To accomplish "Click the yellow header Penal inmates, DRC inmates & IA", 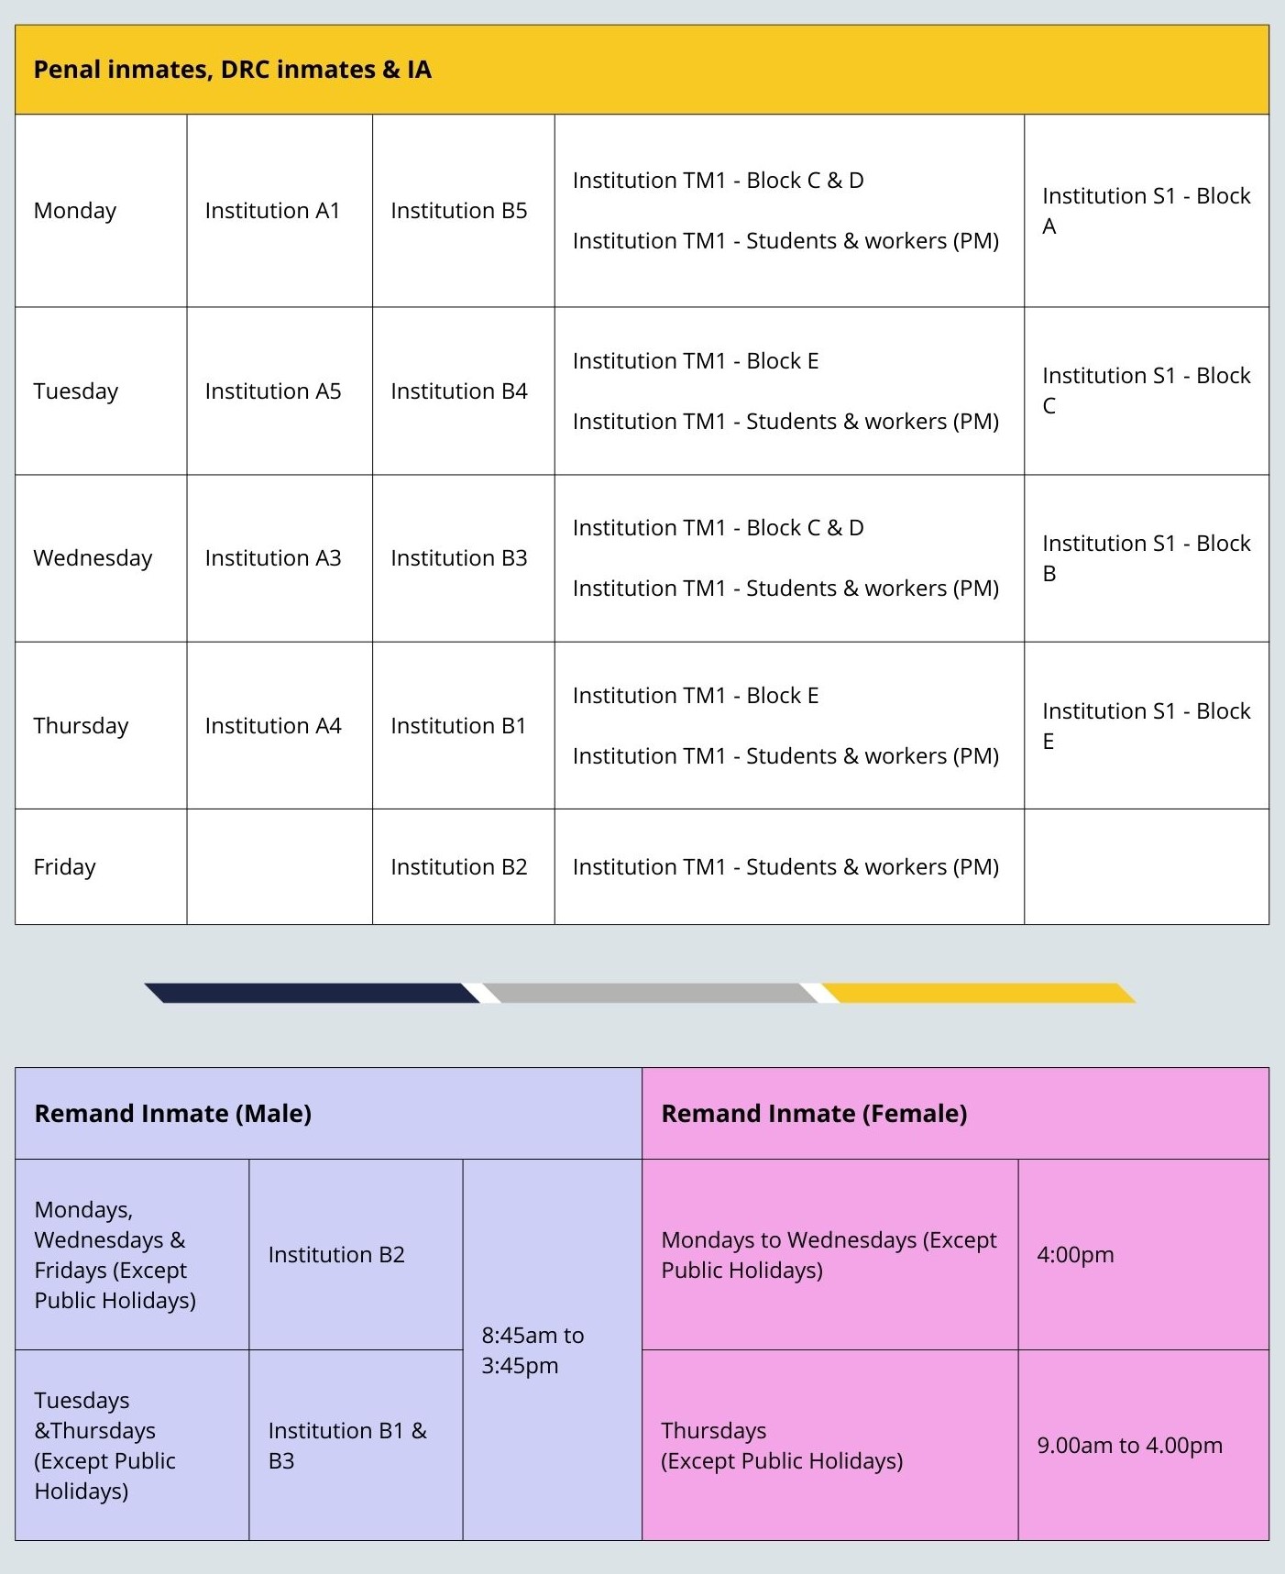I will pyautogui.click(x=232, y=70).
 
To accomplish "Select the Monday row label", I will pyautogui.click(x=75, y=211).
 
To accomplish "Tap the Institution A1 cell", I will pyautogui.click(x=272, y=211).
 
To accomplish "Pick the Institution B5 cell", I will pyautogui.click(x=458, y=211).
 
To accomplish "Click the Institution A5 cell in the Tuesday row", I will pyautogui.click(x=272, y=391).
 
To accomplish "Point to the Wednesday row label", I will pyautogui.click(x=93, y=558).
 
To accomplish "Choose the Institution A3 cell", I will pyautogui.click(x=272, y=558).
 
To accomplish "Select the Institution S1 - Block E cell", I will pyautogui.click(x=1146, y=725).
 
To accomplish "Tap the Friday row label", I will pyautogui.click(x=64, y=867).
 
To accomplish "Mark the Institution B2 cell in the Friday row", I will pyautogui.click(x=458, y=867).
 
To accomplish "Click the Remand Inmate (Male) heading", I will pyautogui.click(x=172, y=1114).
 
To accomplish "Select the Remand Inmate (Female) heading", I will pyautogui.click(x=814, y=1114).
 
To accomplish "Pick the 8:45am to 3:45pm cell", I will pyautogui.click(x=533, y=1349).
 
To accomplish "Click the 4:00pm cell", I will pyautogui.click(x=1075, y=1255).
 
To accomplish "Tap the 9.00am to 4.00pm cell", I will pyautogui.click(x=1129, y=1446).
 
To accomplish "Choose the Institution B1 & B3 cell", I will pyautogui.click(x=347, y=1446).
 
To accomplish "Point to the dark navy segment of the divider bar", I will pyautogui.click(x=312, y=993).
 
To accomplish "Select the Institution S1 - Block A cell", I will pyautogui.click(x=1146, y=211).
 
